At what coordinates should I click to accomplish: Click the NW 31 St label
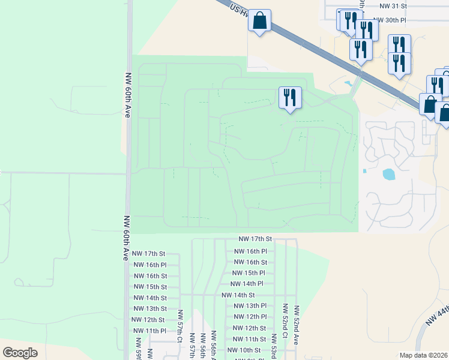(393, 5)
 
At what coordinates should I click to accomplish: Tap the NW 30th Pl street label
(390, 20)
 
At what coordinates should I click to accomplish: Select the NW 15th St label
(149, 287)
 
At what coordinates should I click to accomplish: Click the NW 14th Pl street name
(247, 284)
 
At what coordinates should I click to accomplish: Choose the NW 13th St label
(149, 308)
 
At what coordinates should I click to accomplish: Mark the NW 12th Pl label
(250, 317)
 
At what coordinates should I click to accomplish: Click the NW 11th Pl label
(149, 331)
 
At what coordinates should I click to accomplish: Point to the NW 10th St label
(242, 350)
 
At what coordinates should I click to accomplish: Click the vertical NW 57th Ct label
(179, 324)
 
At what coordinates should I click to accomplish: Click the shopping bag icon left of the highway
(259, 21)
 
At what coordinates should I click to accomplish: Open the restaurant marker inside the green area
(290, 97)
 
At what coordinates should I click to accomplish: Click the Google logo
(20, 352)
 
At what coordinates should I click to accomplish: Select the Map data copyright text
(423, 355)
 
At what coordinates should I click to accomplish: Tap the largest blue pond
(389, 175)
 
